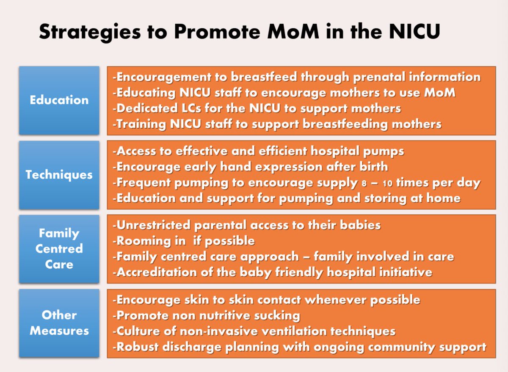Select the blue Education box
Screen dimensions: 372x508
(59, 100)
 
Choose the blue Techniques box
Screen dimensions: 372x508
(59, 175)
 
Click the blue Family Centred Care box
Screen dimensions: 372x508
(59, 249)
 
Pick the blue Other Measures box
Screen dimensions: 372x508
(59, 323)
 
